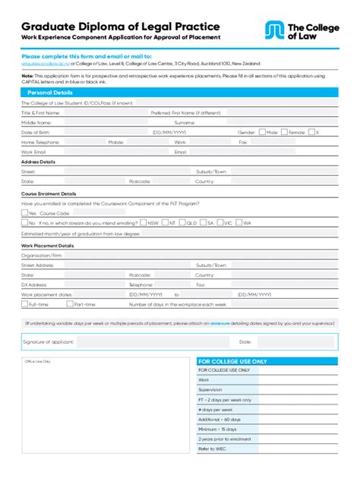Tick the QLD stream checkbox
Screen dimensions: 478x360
(x=182, y=223)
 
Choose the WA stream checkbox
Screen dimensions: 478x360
(x=239, y=223)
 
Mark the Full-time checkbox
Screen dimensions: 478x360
(x=24, y=304)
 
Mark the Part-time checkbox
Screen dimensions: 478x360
(x=71, y=304)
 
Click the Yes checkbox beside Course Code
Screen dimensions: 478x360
(x=24, y=213)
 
